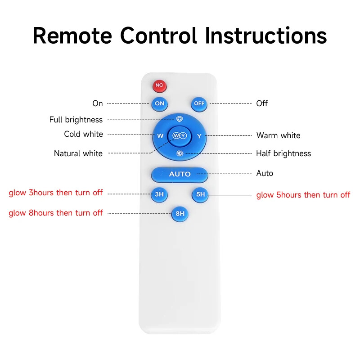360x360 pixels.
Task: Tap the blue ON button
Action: tap(160, 104)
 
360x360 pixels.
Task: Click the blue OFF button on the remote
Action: tap(199, 104)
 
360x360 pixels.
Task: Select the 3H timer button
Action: tap(159, 194)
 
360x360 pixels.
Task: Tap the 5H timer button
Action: tap(200, 195)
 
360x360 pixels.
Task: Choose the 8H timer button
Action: tap(180, 214)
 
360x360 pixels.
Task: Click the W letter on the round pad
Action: tap(160, 136)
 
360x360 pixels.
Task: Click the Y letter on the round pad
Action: tap(199, 136)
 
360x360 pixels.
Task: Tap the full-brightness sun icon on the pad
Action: tap(179, 119)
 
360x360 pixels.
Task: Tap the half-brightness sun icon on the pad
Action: tap(180, 153)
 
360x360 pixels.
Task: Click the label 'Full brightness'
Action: tap(76, 120)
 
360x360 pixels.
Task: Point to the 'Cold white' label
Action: tap(84, 134)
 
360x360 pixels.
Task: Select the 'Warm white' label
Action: tap(278, 135)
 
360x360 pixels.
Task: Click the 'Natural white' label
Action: tap(78, 153)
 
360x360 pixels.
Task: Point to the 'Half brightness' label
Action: tap(283, 153)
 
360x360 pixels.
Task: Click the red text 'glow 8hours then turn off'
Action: tap(56, 213)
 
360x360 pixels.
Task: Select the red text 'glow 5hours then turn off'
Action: tap(303, 195)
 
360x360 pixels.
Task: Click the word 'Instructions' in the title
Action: tap(266, 36)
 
